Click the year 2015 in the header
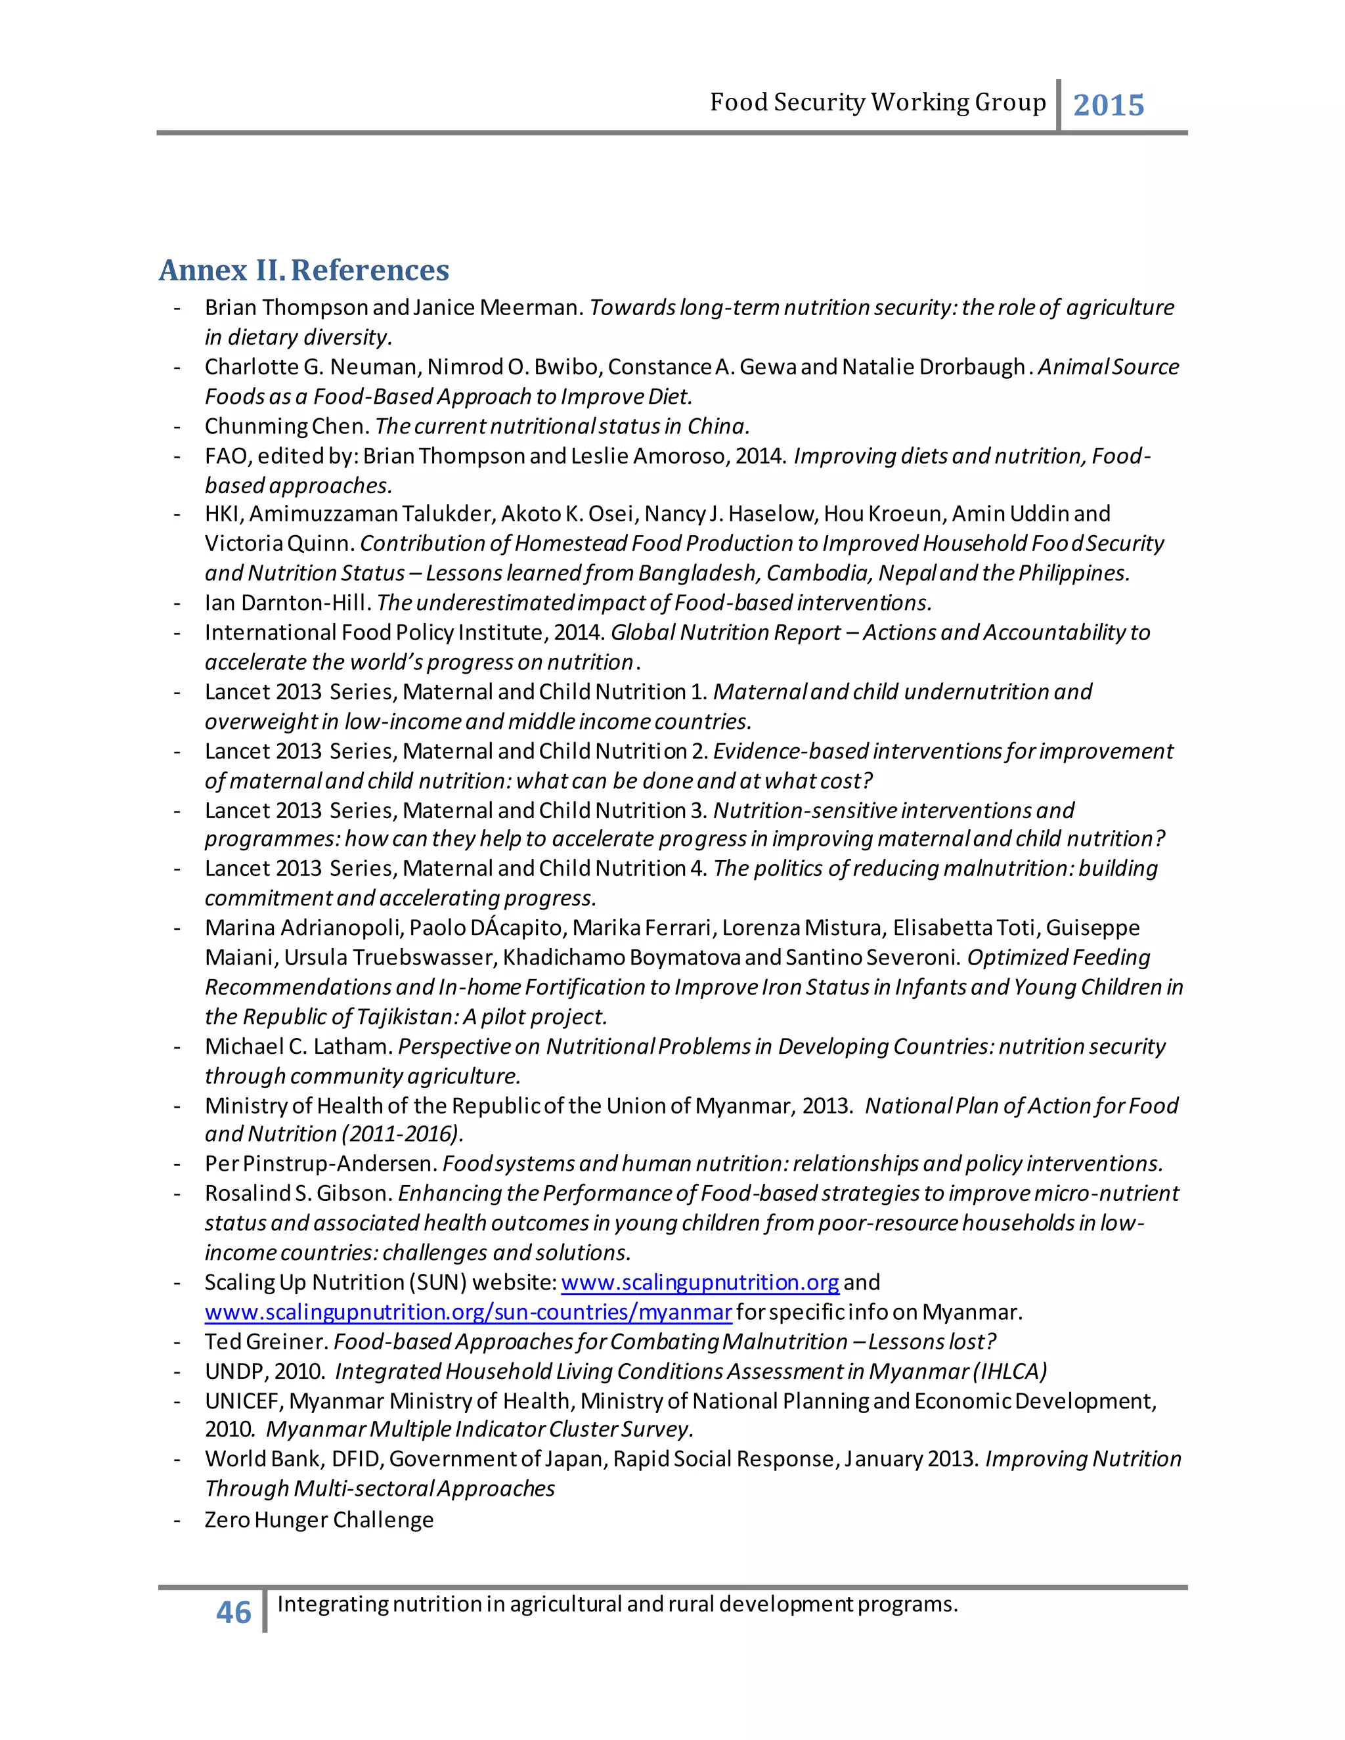(1109, 105)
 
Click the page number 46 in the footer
(233, 1613)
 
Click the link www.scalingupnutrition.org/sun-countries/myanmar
(468, 1312)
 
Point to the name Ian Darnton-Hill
(287, 603)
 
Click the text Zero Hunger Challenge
(319, 1520)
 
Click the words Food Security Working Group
(877, 103)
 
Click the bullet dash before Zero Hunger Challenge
(177, 1520)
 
